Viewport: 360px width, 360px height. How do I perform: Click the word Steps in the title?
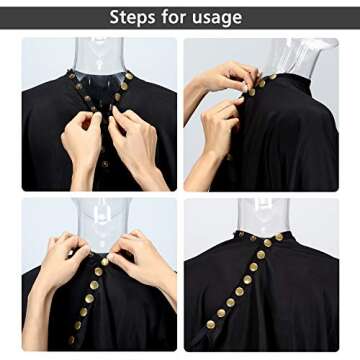(132, 17)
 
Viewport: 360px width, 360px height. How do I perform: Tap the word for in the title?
(174, 17)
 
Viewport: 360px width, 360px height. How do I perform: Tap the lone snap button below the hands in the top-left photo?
(105, 164)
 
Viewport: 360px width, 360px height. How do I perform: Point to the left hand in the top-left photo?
(82, 142)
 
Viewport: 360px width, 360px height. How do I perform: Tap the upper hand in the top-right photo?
(230, 78)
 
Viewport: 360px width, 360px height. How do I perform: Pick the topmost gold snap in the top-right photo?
(273, 77)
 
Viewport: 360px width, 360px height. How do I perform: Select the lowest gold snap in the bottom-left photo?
(71, 340)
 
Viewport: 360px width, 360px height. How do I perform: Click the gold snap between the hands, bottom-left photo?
(105, 262)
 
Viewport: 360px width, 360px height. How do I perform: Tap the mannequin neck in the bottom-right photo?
(263, 217)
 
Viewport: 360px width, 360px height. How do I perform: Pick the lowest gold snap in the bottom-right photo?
(211, 324)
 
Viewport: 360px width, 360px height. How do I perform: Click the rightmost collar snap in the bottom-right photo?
(279, 237)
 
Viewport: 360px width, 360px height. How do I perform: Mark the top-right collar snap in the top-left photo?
(129, 76)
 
